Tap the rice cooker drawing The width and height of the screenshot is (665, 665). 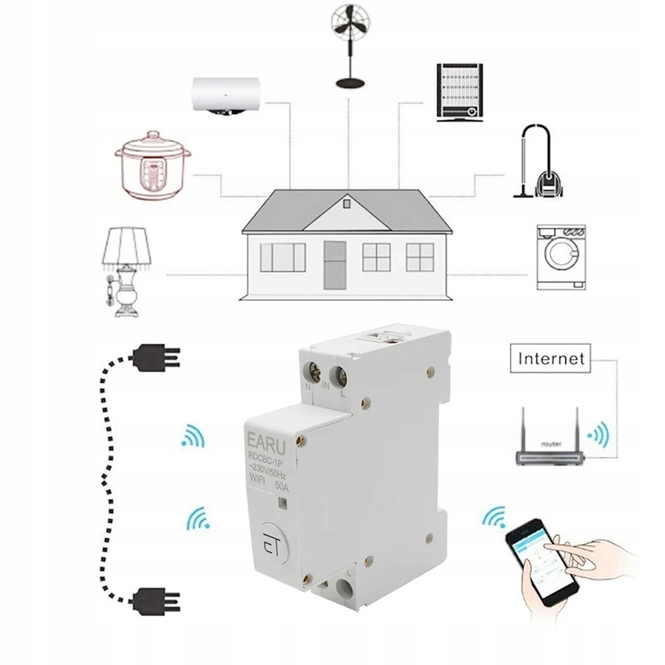[151, 166]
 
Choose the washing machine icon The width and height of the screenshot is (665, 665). [560, 258]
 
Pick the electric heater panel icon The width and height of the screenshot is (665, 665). [459, 91]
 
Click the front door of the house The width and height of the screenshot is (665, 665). [334, 264]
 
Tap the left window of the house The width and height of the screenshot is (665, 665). [283, 257]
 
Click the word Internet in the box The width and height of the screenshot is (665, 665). [552, 360]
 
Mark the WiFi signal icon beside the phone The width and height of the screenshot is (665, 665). [493, 520]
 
